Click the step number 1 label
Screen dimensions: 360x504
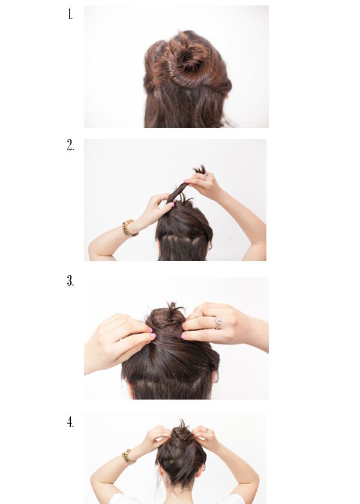pyautogui.click(x=70, y=15)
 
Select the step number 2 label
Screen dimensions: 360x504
pyautogui.click(x=70, y=145)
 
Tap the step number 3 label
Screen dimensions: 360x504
pyautogui.click(x=70, y=281)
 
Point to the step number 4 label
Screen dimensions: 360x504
pyautogui.click(x=70, y=422)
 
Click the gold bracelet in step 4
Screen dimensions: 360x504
pyautogui.click(x=128, y=457)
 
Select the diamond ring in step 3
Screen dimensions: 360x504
pyautogui.click(x=218, y=323)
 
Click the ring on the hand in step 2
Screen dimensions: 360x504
pyautogui.click(x=205, y=176)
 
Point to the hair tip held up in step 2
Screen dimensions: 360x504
pyautogui.click(x=199, y=169)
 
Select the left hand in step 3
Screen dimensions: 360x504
pyautogui.click(x=121, y=341)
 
